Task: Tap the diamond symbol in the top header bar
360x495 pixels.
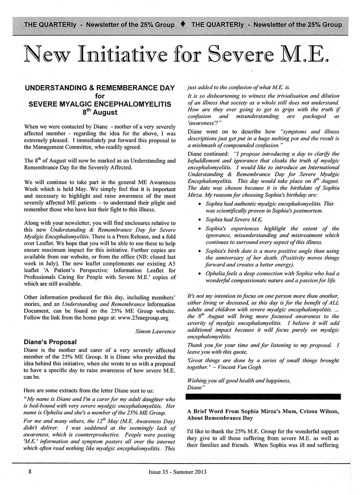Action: pyautogui.click(x=183, y=24)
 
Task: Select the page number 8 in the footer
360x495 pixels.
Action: pyautogui.click(x=30, y=472)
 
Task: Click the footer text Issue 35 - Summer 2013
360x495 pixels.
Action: pyautogui.click(x=180, y=472)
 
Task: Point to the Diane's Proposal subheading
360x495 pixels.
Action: pyautogui.click(x=50, y=342)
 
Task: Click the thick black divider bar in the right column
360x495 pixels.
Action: pyautogui.click(x=263, y=396)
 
